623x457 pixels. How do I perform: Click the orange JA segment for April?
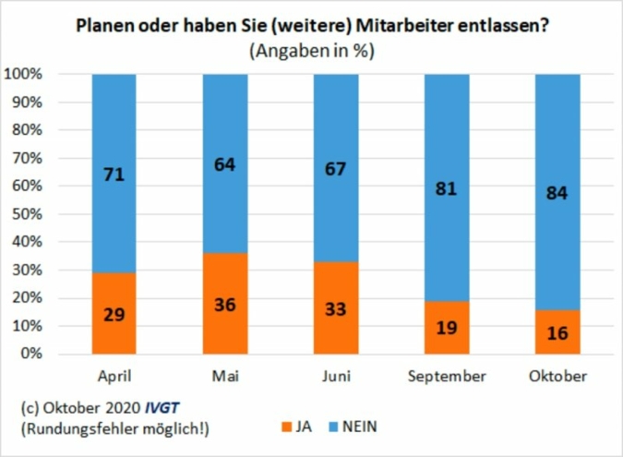click(114, 313)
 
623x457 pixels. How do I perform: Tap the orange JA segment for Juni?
click(336, 308)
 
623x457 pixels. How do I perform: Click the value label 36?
click(225, 304)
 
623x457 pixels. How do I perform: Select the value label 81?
click(447, 187)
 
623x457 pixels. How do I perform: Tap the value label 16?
click(557, 332)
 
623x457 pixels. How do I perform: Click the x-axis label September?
click(447, 377)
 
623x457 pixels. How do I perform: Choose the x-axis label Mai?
click(225, 377)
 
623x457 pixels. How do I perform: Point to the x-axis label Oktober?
click(557, 377)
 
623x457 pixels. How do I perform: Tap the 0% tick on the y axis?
click(46, 355)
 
